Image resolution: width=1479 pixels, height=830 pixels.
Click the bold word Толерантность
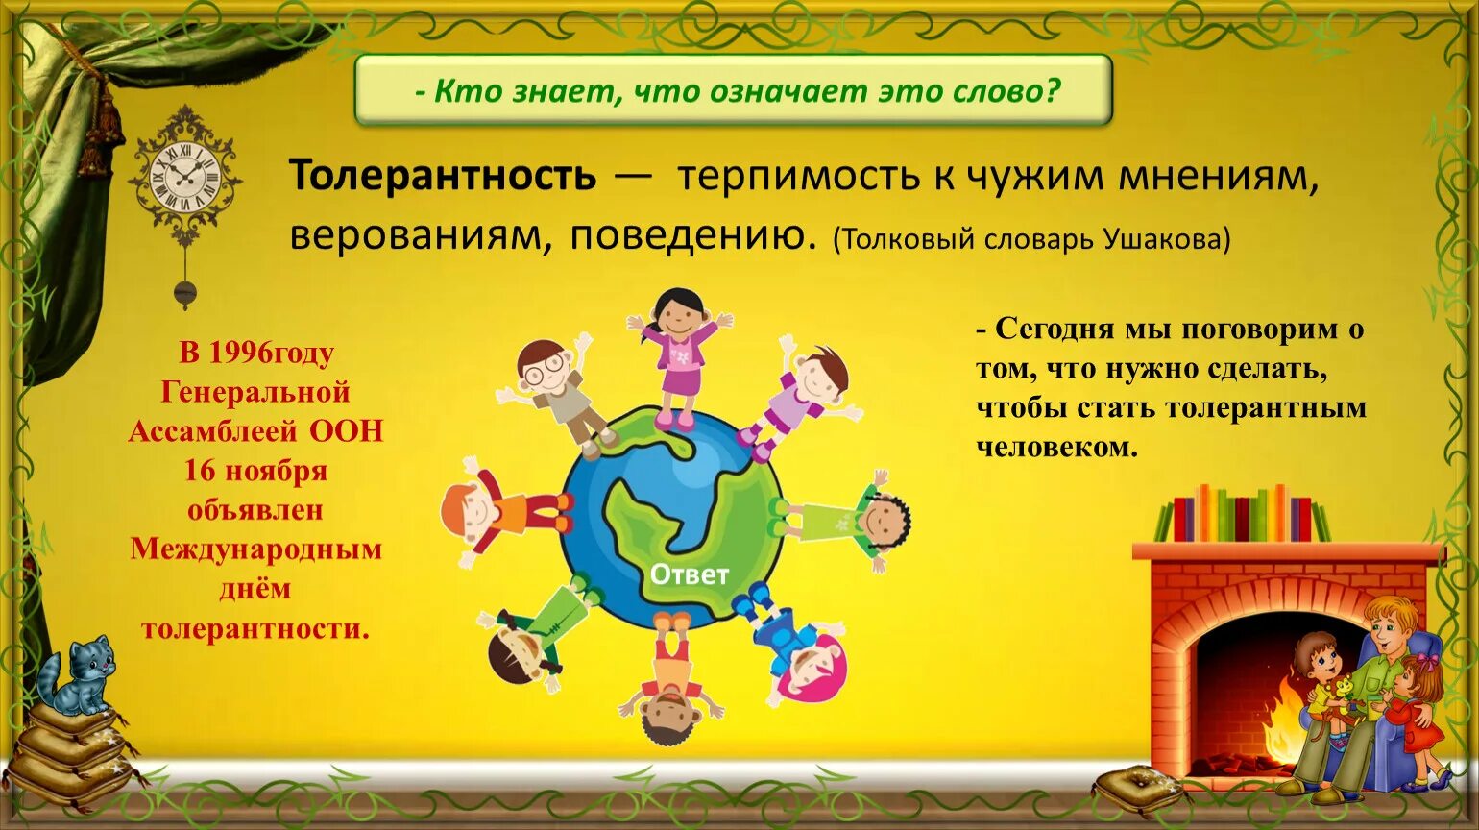point(443,177)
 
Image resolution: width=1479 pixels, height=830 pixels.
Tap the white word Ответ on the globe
point(690,574)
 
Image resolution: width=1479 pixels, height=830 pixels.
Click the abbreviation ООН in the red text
point(346,431)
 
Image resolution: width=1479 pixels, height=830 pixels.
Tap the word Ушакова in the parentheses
point(1163,238)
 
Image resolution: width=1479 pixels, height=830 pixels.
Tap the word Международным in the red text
point(256,549)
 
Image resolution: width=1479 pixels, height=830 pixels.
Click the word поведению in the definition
point(687,235)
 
